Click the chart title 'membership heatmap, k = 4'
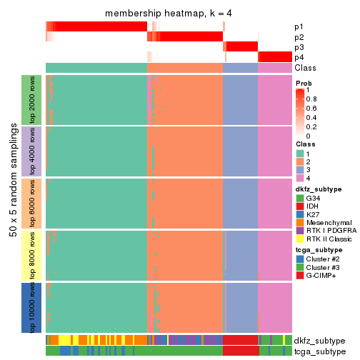pos(169,14)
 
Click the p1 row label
pos(299,27)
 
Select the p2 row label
pos(299,37)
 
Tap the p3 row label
pos(299,47)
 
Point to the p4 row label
pos(299,57)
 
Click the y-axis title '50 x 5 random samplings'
pos(12,204)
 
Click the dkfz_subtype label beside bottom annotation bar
pos(320,340)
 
